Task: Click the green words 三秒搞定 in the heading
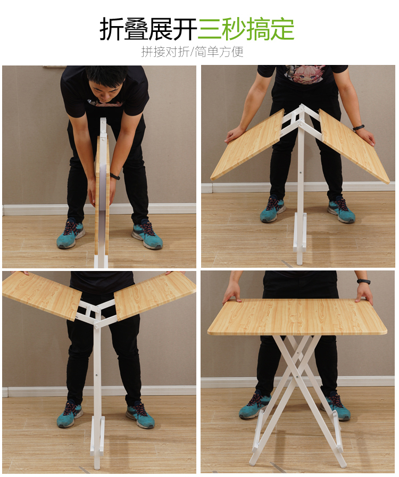point(246,29)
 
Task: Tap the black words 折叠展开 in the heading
point(148,29)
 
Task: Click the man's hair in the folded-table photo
point(106,74)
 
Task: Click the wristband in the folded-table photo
point(115,176)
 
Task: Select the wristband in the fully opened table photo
point(364,282)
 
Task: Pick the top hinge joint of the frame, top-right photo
point(302,108)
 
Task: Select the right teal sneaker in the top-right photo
point(341,210)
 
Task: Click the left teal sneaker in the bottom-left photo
point(70,414)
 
